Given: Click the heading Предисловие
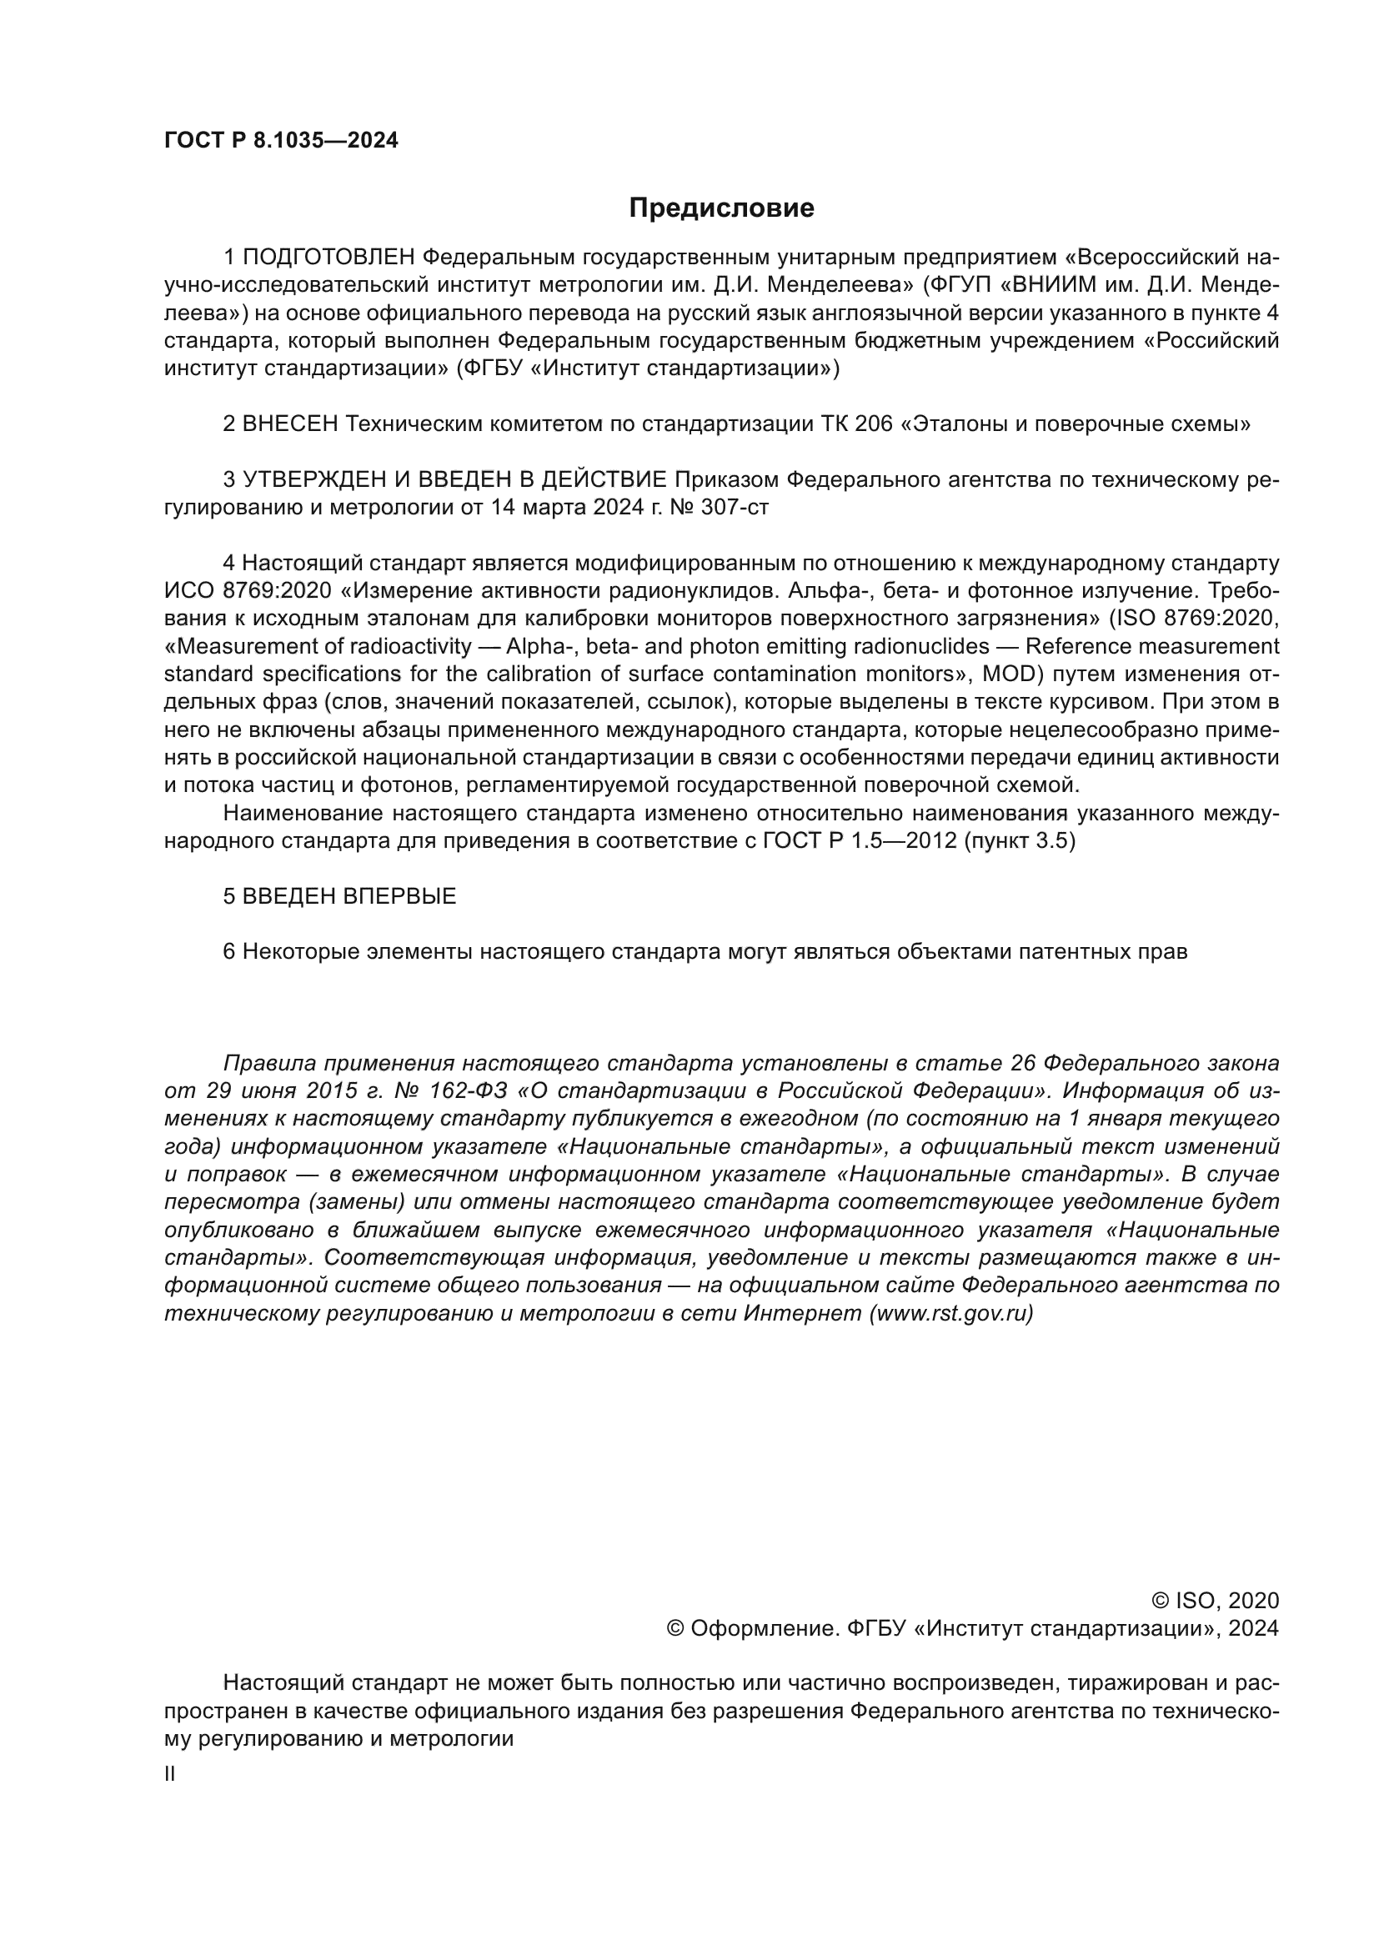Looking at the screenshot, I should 721,208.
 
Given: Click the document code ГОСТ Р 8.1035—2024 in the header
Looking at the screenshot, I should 281,141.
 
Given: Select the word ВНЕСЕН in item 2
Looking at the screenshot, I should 290,423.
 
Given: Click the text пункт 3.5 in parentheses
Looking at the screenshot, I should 1020,841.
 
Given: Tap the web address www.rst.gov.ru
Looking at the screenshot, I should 951,1313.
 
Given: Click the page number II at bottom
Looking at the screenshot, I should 170,1773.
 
